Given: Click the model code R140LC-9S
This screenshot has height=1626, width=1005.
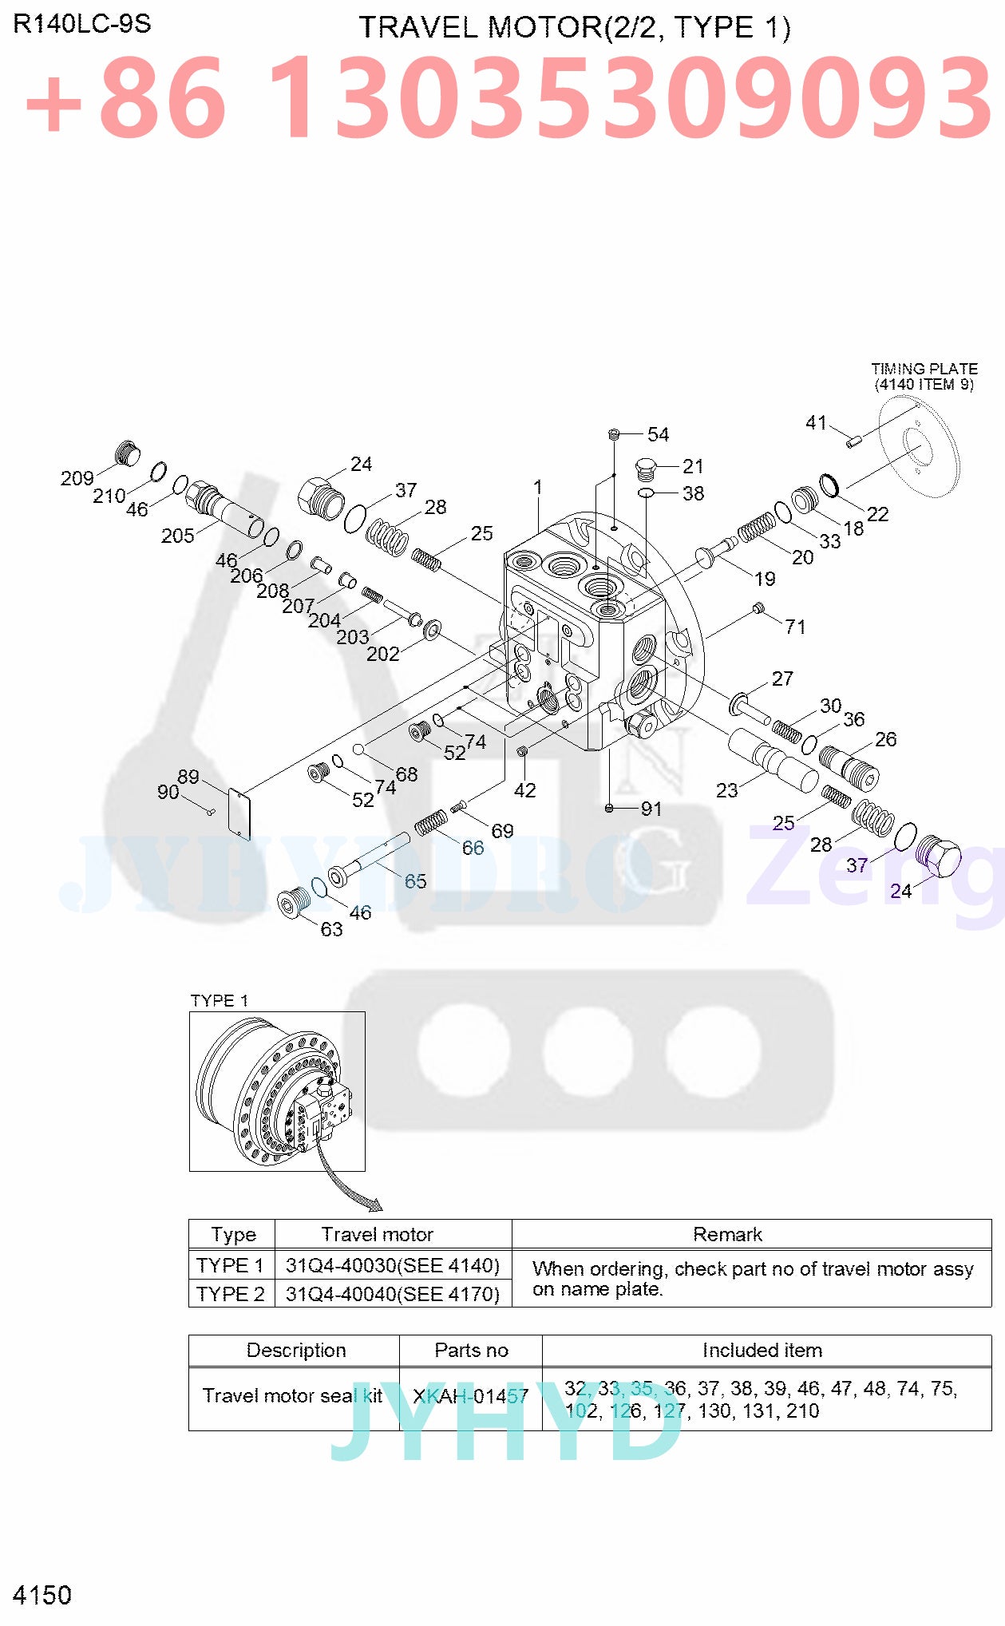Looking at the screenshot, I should [x=81, y=24].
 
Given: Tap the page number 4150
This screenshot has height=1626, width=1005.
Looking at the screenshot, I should [x=42, y=1595].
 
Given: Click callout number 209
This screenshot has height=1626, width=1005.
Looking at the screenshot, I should [x=77, y=478].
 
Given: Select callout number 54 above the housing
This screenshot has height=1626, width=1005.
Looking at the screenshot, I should [x=658, y=434].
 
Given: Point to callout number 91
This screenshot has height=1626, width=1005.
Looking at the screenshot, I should [x=651, y=809].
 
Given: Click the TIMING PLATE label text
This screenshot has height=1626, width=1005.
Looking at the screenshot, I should [x=924, y=369].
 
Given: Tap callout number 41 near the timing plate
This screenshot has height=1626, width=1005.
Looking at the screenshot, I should [x=816, y=422].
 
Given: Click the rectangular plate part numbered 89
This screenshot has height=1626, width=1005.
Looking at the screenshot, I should [x=239, y=813].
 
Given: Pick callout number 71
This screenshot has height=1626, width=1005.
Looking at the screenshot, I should [x=795, y=627].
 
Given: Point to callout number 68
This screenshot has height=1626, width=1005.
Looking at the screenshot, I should [x=406, y=773].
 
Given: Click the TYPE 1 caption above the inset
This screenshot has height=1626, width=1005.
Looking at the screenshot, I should [x=219, y=1000].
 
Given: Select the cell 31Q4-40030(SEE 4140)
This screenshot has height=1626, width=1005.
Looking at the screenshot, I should [x=393, y=1265].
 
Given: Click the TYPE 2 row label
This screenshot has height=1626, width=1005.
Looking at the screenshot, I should [x=230, y=1293].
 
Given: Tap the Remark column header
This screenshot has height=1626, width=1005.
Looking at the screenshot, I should [x=727, y=1234].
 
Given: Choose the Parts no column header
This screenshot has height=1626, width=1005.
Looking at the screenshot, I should [x=471, y=1350].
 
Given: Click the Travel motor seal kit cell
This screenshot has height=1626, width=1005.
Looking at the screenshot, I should [x=292, y=1395].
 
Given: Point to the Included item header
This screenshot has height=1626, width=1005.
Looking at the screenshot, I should [x=762, y=1350].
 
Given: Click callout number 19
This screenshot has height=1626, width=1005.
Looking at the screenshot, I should [x=764, y=579].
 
